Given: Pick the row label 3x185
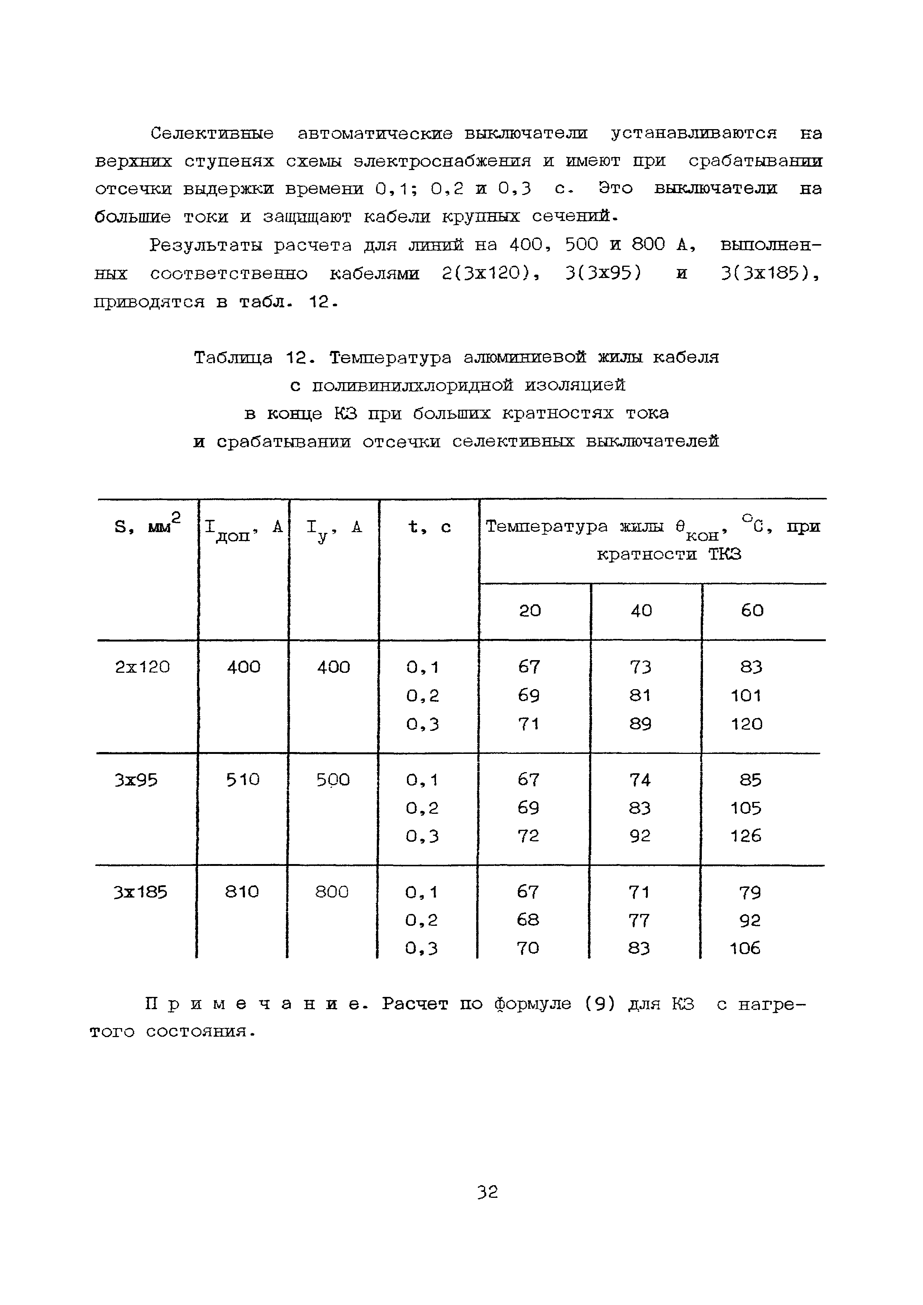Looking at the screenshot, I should [140, 892].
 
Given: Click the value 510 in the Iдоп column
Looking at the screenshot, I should [243, 779].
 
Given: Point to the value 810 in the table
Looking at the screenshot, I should [242, 892].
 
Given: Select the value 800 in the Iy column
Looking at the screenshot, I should [332, 892].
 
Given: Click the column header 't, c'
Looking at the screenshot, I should [429, 527].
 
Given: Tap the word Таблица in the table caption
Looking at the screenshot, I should [233, 358].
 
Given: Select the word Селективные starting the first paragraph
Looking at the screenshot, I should [211, 134].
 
